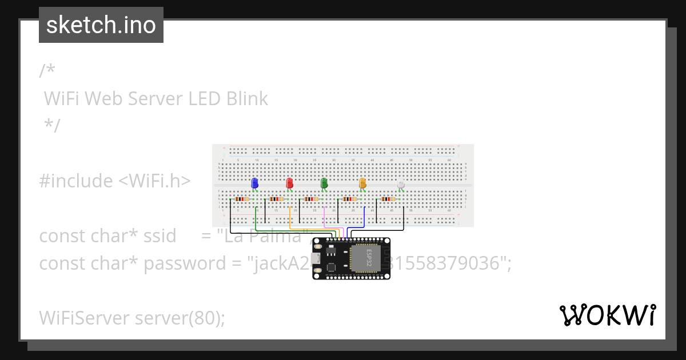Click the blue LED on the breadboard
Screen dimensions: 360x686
click(255, 183)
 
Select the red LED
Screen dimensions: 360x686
click(289, 183)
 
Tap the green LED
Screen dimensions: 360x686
click(324, 183)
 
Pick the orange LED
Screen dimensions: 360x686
click(362, 183)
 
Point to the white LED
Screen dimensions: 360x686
click(401, 184)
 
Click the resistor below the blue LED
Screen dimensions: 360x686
click(242, 199)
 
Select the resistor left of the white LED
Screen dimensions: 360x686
click(388, 199)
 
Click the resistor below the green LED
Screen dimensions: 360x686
click(310, 199)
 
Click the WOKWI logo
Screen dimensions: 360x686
click(608, 315)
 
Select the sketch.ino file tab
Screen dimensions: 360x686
click(101, 25)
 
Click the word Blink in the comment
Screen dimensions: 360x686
click(247, 98)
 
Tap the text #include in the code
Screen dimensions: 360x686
click(76, 181)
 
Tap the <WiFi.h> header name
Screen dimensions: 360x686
click(154, 181)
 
